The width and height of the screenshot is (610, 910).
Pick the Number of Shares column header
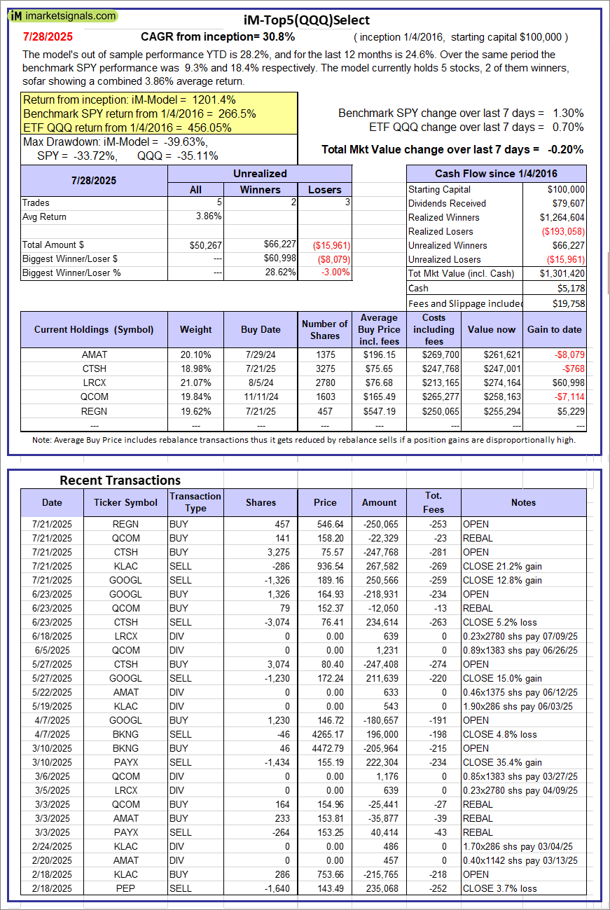(324, 329)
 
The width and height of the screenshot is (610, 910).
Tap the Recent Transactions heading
(120, 481)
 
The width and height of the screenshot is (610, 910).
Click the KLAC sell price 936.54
(325, 566)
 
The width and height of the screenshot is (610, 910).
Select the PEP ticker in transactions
(125, 888)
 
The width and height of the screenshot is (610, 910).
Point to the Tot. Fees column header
(434, 502)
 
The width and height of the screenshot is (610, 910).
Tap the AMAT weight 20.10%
(195, 354)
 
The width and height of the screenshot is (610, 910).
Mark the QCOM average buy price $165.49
(380, 397)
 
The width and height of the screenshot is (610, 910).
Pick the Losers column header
(325, 189)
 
